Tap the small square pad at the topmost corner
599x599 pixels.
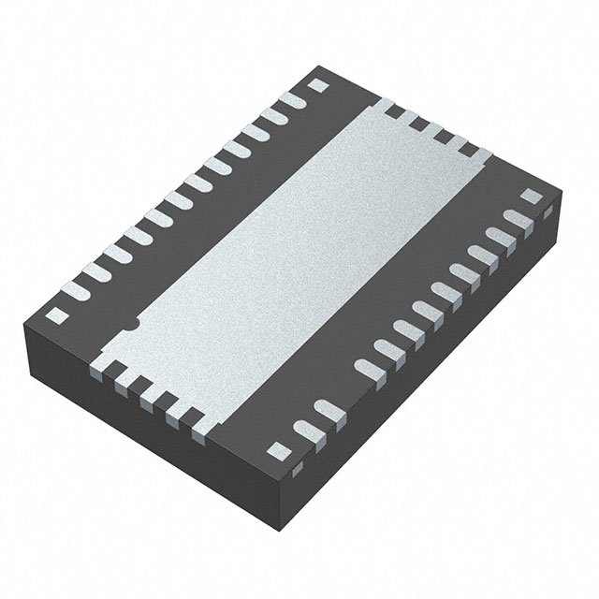315,84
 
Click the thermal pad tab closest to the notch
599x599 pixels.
99,364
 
